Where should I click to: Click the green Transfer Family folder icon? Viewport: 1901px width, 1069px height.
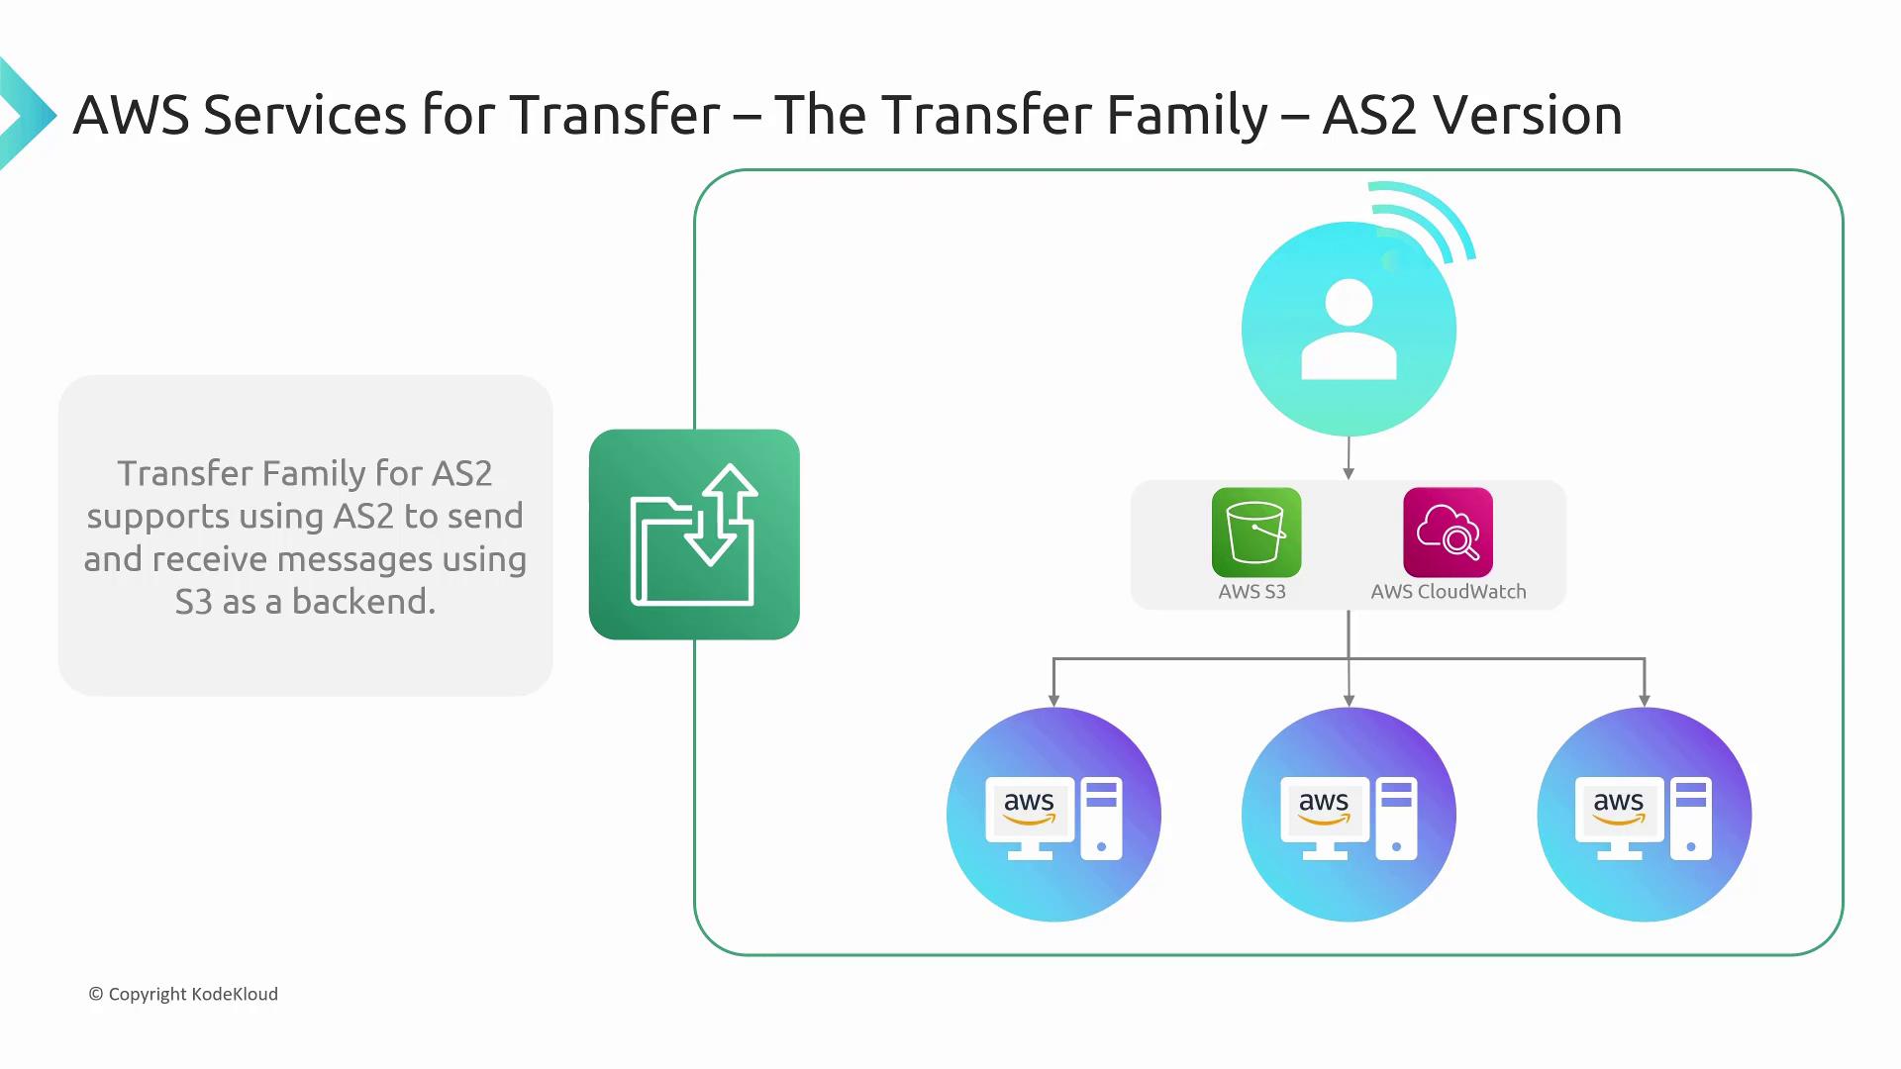[x=694, y=534]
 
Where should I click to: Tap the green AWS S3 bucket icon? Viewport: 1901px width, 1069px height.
[x=1255, y=533]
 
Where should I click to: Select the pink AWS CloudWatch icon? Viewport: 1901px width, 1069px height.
[x=1448, y=533]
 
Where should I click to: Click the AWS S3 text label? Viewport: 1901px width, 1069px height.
[x=1251, y=592]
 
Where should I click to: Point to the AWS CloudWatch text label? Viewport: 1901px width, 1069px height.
[x=1448, y=592]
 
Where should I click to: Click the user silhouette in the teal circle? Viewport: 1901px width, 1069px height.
[x=1349, y=330]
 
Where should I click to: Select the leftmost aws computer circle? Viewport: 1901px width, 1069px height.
[x=1053, y=815]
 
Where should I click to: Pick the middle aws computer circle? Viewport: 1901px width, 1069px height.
[x=1349, y=815]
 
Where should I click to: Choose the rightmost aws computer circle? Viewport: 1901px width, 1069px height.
[x=1644, y=815]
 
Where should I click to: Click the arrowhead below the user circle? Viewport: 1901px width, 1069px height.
[x=1349, y=473]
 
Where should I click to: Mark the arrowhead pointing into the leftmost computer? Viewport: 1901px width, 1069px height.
[x=1053, y=700]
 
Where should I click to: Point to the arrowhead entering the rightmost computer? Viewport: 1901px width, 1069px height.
[x=1644, y=700]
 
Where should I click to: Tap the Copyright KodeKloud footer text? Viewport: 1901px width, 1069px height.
[x=183, y=994]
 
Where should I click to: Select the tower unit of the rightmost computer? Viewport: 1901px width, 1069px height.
[x=1691, y=818]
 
